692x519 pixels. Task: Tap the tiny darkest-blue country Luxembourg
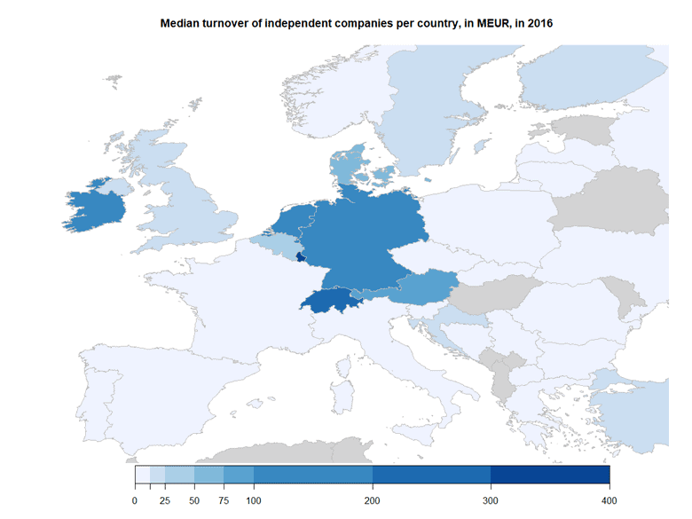tap(300, 258)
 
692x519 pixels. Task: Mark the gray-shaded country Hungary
tap(484, 297)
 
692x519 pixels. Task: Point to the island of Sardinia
tap(341, 396)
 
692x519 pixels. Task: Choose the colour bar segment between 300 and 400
tap(550, 475)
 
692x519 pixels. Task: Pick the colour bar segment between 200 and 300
tap(431, 475)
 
